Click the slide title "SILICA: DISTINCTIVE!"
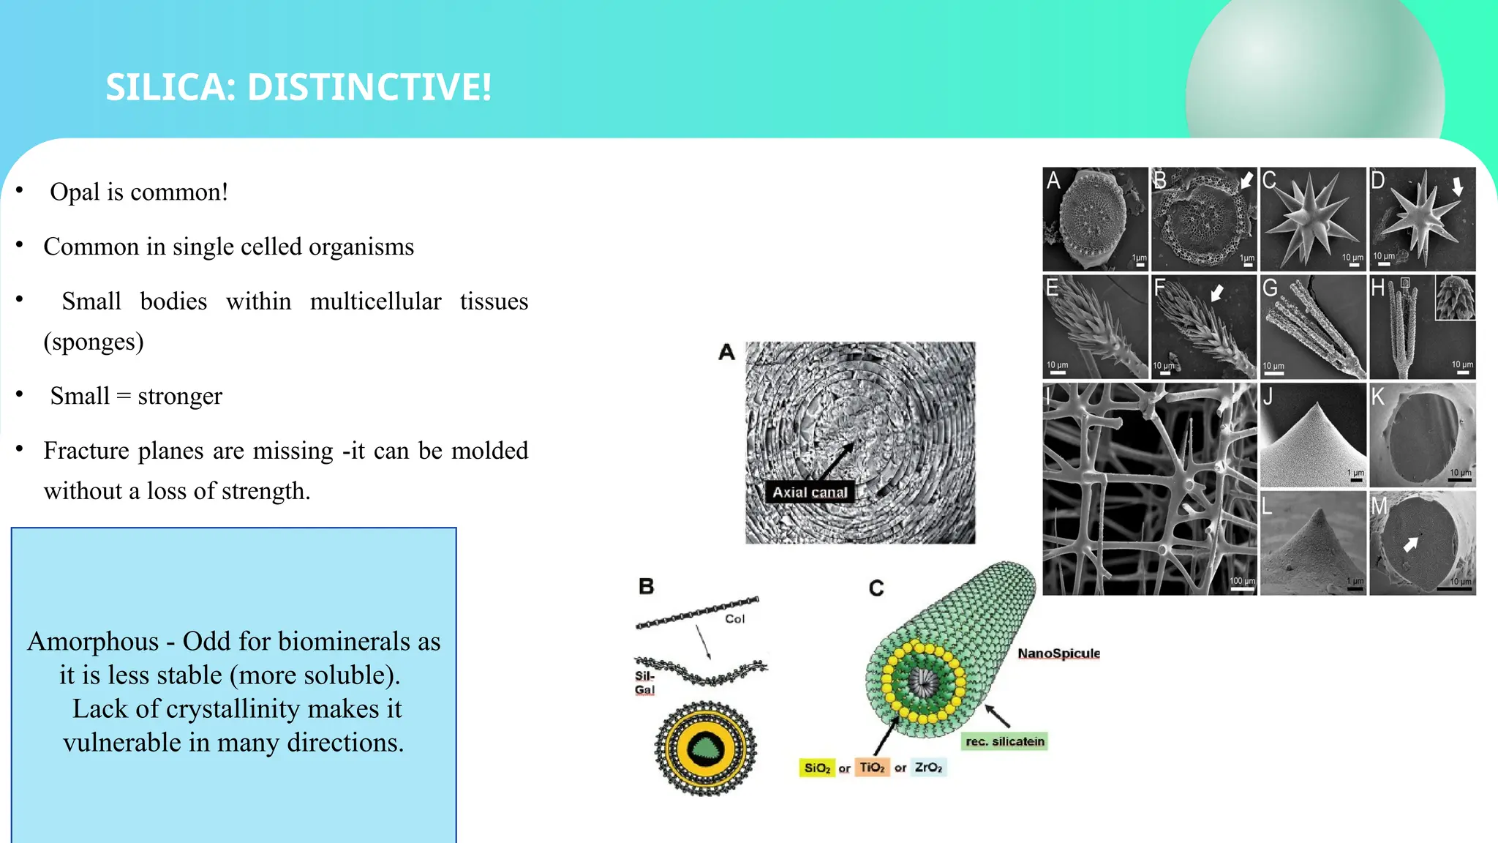(298, 87)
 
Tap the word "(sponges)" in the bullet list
(94, 342)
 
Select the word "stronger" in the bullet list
(180, 396)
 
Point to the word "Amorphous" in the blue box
(93, 641)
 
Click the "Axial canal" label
(810, 492)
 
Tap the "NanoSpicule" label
(1058, 653)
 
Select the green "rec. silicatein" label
(1005, 741)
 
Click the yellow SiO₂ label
(817, 768)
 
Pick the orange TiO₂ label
(872, 768)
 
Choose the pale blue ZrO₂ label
(928, 768)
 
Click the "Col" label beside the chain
(734, 619)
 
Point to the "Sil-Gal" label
(644, 683)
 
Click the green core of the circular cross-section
(705, 749)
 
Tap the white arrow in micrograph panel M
(1410, 544)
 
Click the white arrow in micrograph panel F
(1216, 293)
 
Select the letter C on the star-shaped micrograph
(1269, 180)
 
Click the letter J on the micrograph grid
(1268, 397)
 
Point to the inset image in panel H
(1455, 298)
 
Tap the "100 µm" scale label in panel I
(1241, 581)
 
